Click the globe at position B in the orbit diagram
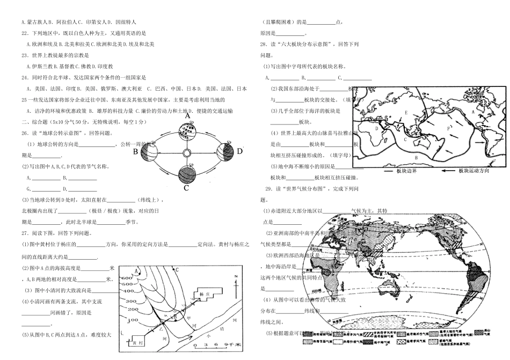[x=149, y=152]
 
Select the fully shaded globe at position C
[x=186, y=174]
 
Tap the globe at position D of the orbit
[x=224, y=152]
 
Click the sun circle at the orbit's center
[x=187, y=153]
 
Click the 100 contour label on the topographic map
[x=129, y=317]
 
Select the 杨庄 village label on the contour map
[x=202, y=295]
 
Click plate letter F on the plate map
[x=448, y=128]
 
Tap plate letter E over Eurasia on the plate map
[x=407, y=113]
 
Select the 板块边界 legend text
[x=407, y=171]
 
